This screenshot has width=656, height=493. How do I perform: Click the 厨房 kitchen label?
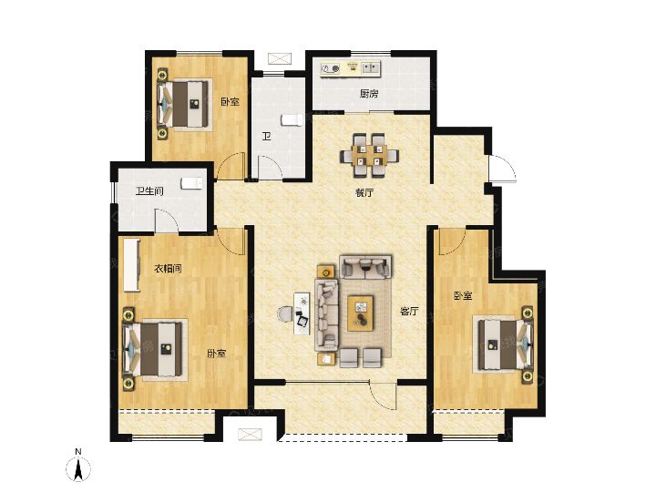click(x=369, y=94)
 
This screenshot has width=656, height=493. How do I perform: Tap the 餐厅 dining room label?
click(x=364, y=193)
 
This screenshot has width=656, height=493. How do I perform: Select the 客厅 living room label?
click(x=409, y=311)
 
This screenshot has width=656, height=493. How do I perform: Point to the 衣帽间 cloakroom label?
click(x=169, y=268)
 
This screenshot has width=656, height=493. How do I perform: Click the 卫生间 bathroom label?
click(x=149, y=191)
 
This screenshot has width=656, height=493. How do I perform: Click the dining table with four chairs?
click(x=369, y=155)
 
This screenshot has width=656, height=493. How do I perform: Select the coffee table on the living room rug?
click(x=361, y=313)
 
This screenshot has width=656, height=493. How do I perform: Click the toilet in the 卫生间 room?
click(x=191, y=183)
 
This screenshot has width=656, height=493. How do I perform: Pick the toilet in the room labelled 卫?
click(x=292, y=120)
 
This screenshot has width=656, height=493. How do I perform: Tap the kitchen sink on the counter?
click(x=371, y=67)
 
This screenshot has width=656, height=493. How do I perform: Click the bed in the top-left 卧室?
click(x=183, y=103)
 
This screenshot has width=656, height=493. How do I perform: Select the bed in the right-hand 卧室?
click(x=506, y=344)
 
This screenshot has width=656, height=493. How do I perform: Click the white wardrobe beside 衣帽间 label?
click(x=132, y=264)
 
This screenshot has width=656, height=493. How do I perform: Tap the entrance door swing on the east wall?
click(x=504, y=169)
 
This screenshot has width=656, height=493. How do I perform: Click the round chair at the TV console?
click(x=285, y=313)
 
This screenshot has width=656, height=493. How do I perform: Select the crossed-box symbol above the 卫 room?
click(x=280, y=58)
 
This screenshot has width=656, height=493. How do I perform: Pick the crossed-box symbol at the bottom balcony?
click(x=250, y=435)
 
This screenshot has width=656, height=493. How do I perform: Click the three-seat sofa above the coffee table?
click(x=365, y=267)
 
